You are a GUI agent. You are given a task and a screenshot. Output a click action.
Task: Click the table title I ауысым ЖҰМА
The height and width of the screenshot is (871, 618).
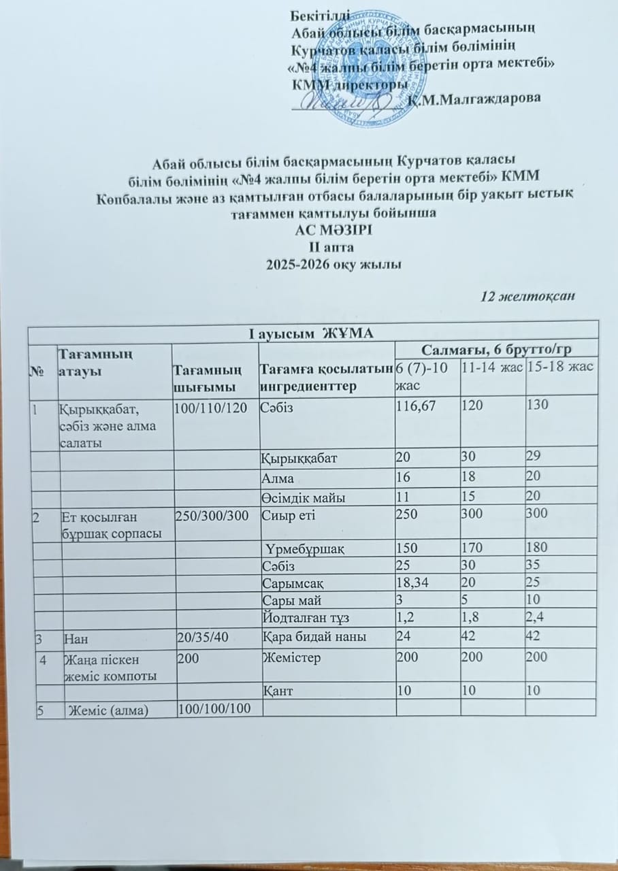pyautogui.click(x=310, y=331)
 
